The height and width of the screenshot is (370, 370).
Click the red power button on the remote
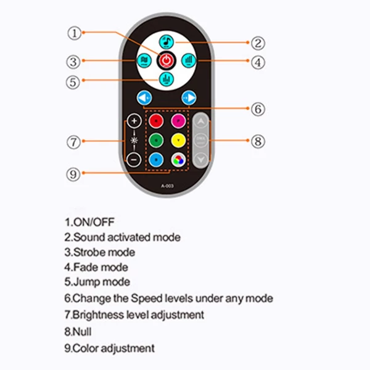(x=166, y=60)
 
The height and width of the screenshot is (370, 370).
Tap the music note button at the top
(x=166, y=41)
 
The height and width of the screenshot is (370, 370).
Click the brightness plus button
(x=134, y=121)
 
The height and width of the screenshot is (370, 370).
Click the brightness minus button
(x=134, y=159)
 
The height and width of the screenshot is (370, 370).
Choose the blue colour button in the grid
(x=157, y=159)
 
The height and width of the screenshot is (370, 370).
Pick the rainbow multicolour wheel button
(x=178, y=159)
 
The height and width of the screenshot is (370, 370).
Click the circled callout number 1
(x=75, y=33)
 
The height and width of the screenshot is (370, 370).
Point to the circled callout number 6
(x=258, y=109)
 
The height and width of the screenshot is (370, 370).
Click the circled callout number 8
(x=258, y=141)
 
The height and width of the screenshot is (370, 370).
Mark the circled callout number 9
(x=74, y=175)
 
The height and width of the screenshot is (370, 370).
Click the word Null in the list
(x=83, y=332)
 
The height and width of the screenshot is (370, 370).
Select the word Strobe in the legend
(x=88, y=252)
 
